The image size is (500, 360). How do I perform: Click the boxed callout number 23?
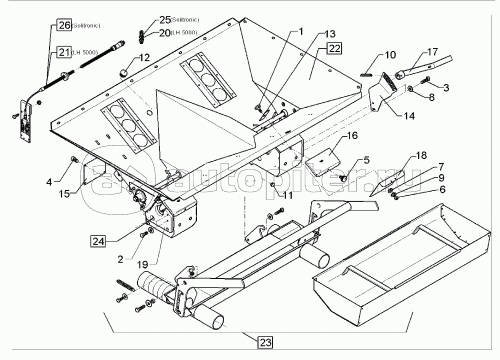click(x=265, y=342)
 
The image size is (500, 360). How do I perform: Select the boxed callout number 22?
click(x=334, y=48)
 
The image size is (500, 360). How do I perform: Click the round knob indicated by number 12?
click(x=122, y=73)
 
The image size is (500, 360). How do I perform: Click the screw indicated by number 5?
click(x=344, y=178)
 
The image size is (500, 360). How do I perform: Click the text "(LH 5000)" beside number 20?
click(x=184, y=32)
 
